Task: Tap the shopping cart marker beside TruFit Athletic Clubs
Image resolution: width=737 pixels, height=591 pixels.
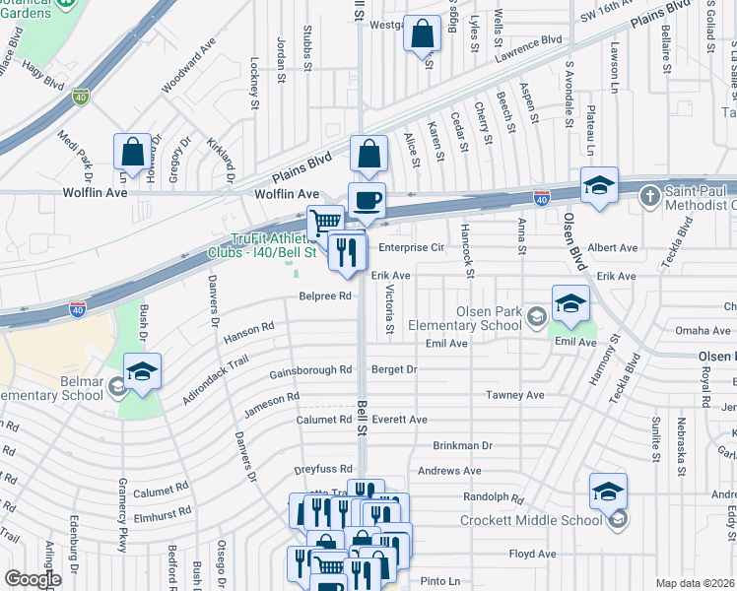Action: click(x=325, y=222)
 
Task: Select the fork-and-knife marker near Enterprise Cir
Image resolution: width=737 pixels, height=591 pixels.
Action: click(x=348, y=252)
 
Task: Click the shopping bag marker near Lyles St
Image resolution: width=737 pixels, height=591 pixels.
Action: click(x=422, y=34)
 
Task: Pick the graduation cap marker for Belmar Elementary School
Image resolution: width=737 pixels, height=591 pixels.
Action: click(x=142, y=371)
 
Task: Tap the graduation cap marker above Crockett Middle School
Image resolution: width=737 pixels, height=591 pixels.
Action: click(x=608, y=492)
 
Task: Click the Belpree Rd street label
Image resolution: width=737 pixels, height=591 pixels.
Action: click(x=326, y=295)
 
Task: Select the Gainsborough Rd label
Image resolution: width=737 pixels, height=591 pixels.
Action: click(x=311, y=371)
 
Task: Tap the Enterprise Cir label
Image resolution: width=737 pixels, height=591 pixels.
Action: click(x=412, y=249)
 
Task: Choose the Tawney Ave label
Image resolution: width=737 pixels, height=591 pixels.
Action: click(x=514, y=395)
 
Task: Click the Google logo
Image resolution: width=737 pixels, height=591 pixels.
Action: click(x=33, y=579)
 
